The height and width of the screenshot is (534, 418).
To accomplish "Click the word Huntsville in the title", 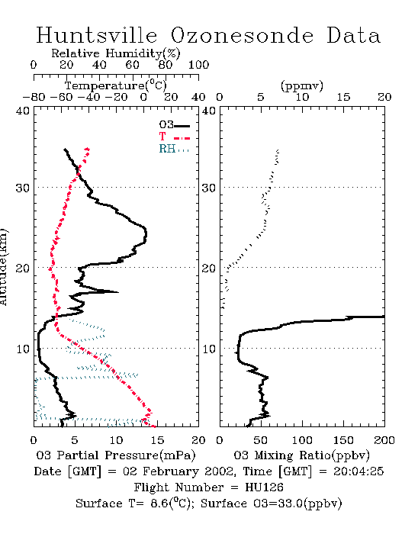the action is click(x=97, y=35).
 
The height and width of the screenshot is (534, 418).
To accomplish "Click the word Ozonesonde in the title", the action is click(x=242, y=35).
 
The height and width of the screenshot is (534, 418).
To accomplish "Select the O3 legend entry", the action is click(x=174, y=124).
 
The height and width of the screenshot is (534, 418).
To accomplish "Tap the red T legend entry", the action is click(x=174, y=137).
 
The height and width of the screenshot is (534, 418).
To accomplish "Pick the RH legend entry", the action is click(x=174, y=149).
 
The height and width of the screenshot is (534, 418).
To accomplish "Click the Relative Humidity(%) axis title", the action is click(x=115, y=53).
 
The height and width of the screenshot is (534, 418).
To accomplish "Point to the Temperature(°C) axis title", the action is click(x=115, y=85).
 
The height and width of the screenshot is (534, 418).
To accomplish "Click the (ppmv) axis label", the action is click(x=301, y=85).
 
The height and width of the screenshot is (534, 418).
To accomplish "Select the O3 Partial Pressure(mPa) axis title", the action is click(x=116, y=455).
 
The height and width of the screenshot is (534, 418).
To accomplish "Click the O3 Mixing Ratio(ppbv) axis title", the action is click(x=301, y=455).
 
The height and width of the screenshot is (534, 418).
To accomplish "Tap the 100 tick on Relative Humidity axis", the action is click(x=198, y=65).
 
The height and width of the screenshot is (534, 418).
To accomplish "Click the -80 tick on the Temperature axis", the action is click(x=34, y=98).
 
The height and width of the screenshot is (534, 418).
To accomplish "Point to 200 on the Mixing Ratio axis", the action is click(x=384, y=440).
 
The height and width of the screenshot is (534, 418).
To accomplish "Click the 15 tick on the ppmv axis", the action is click(x=343, y=98).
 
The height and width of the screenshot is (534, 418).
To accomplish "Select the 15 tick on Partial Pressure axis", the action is click(x=157, y=440).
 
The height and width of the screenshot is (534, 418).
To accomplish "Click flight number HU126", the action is click(x=264, y=487).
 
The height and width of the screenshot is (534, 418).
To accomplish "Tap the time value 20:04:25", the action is click(x=359, y=471).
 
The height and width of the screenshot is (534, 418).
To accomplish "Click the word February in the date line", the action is click(x=171, y=471).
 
